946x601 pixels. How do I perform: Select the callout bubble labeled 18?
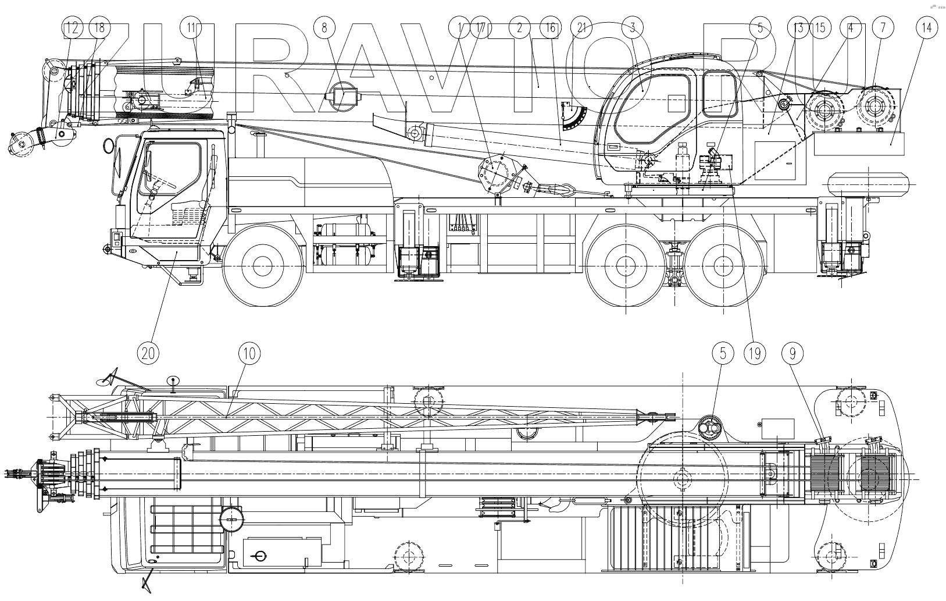99,28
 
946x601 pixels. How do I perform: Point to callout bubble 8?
324,28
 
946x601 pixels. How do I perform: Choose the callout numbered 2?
519,28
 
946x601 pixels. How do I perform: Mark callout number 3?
632,28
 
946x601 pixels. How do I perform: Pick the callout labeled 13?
798,28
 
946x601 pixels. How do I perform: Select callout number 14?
926,28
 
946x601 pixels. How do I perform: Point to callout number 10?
249,353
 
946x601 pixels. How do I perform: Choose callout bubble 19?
754,353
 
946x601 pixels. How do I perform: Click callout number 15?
820,28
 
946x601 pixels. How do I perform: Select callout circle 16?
550,28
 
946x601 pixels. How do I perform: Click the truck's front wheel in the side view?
263,266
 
